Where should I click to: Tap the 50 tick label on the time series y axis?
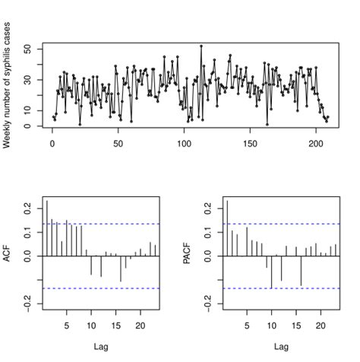[x=27, y=49]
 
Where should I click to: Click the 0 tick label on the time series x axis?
[x=52, y=144]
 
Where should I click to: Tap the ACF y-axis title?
[x=7, y=256]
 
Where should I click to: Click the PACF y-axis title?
[x=187, y=256]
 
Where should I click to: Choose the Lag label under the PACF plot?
[x=281, y=347]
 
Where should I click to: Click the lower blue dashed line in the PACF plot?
[x=281, y=288]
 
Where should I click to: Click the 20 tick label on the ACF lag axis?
[x=140, y=326]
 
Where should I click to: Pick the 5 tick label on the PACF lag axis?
[x=247, y=326]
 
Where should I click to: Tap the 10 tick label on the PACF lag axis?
[x=271, y=326]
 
